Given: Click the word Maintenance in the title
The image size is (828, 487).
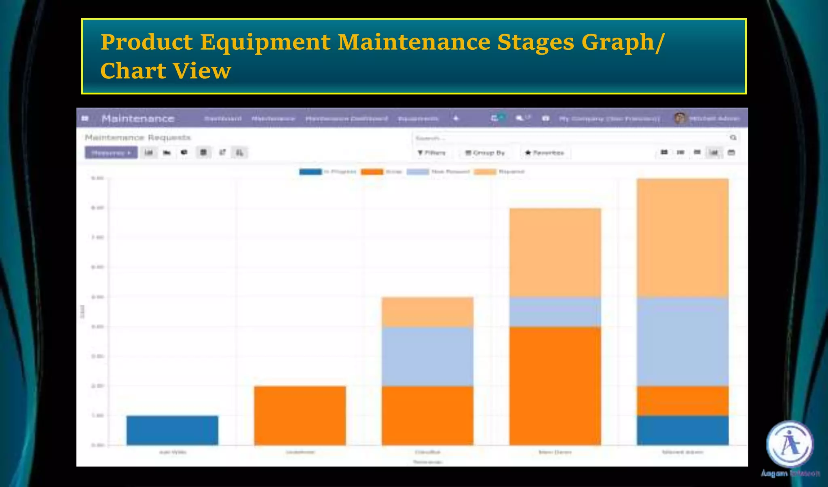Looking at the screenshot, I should pyautogui.click(x=414, y=42).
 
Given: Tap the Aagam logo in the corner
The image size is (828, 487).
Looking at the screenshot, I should pyautogui.click(x=790, y=444).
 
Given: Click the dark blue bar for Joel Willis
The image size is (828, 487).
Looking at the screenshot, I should pyautogui.click(x=172, y=430).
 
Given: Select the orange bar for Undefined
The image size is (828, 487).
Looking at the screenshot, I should pyautogui.click(x=300, y=415).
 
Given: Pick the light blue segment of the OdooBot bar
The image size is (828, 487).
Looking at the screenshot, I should pyautogui.click(x=427, y=356).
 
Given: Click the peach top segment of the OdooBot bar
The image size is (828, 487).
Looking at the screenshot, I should pyautogui.click(x=427, y=312).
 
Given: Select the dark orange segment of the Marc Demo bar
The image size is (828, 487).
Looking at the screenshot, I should pyautogui.click(x=555, y=386).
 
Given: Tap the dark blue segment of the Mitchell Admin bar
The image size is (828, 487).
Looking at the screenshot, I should pyautogui.click(x=683, y=430).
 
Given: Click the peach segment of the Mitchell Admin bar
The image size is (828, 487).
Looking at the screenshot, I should pyautogui.click(x=683, y=238).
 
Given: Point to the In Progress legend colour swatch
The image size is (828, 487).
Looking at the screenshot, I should pyautogui.click(x=310, y=172).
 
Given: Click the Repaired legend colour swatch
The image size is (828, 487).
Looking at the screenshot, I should pyautogui.click(x=485, y=172).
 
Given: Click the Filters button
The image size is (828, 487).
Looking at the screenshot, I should pyautogui.click(x=431, y=153).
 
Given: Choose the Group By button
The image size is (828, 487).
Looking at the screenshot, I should pyautogui.click(x=485, y=153).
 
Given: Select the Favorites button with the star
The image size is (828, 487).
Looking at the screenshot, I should pyautogui.click(x=544, y=153).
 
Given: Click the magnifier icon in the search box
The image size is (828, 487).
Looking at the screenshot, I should pyautogui.click(x=733, y=138).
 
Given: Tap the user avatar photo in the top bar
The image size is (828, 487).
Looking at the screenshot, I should pyautogui.click(x=680, y=118).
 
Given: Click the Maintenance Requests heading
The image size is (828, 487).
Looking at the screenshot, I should pyautogui.click(x=137, y=137).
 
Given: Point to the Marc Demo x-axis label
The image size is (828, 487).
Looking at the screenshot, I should pyautogui.click(x=555, y=452).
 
